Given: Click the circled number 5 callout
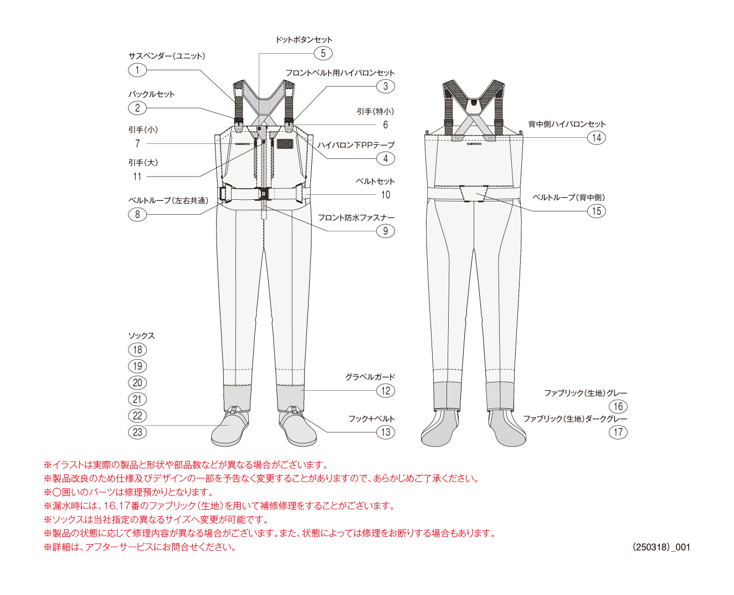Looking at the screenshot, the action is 322,53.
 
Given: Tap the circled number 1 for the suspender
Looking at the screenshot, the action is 137,70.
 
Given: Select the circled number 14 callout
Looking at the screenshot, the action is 596,138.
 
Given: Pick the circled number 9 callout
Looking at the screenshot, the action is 385,231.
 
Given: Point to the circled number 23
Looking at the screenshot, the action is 137,432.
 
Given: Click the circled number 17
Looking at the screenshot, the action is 618,432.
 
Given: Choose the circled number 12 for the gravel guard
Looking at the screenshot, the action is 385,390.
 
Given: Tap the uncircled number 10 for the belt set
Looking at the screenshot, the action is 385,195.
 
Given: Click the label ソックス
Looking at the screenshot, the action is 141,336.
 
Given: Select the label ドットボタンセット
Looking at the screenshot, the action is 304,40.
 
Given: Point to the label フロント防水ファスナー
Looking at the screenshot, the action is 356,218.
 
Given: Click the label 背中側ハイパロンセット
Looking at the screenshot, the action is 567,124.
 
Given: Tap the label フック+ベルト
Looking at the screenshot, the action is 371,418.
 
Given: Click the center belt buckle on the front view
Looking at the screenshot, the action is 261,194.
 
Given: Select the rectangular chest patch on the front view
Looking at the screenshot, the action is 285,143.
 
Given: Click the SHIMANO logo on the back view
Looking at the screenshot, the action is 474,144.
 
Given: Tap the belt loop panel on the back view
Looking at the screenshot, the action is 474,193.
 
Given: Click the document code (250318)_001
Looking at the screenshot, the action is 661,547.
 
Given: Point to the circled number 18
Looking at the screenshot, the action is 137,349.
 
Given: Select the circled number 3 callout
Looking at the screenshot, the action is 385,86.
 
